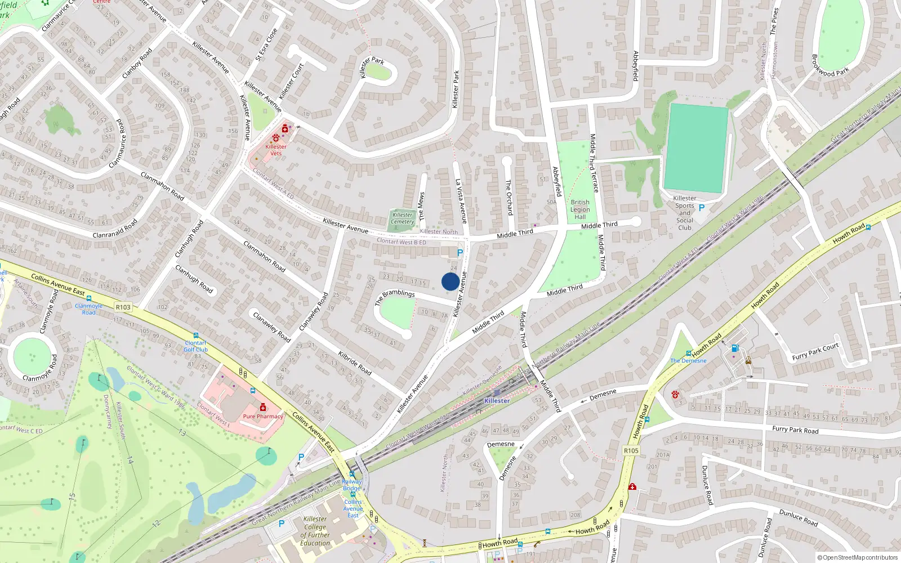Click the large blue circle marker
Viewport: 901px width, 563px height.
(x=450, y=281)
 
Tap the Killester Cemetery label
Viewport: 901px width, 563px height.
(x=403, y=218)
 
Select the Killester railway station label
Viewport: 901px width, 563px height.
(x=497, y=400)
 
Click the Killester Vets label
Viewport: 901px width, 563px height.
(x=276, y=150)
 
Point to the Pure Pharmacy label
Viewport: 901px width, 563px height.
(x=263, y=417)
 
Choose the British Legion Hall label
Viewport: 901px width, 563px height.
(x=580, y=209)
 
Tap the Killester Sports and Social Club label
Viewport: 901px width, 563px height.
(x=685, y=213)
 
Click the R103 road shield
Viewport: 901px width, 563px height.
(x=123, y=307)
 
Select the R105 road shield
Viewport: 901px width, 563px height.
(x=631, y=450)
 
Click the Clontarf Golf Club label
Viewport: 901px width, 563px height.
(x=196, y=346)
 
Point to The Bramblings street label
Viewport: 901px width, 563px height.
(x=395, y=297)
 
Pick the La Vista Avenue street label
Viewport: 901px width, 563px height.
(x=461, y=201)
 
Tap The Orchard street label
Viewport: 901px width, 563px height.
(x=509, y=197)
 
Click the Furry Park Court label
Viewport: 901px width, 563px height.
(x=815, y=352)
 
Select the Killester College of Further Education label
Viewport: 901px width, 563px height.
(x=315, y=531)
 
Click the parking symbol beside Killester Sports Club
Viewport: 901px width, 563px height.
(x=702, y=208)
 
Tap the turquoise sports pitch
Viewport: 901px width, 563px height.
(x=697, y=148)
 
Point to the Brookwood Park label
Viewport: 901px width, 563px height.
(x=830, y=65)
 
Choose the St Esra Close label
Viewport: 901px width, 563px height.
(x=267, y=44)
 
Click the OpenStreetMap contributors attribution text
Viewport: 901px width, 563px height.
(x=857, y=558)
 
